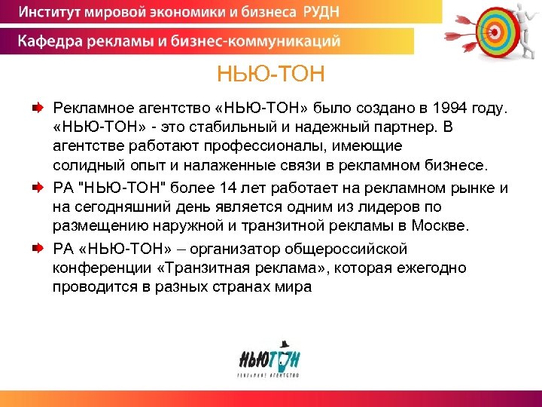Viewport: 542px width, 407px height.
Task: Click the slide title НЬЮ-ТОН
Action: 270,75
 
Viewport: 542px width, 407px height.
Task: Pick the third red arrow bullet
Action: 37,248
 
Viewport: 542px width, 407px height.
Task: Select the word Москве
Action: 441,225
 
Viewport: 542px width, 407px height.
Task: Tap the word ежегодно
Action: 431,268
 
